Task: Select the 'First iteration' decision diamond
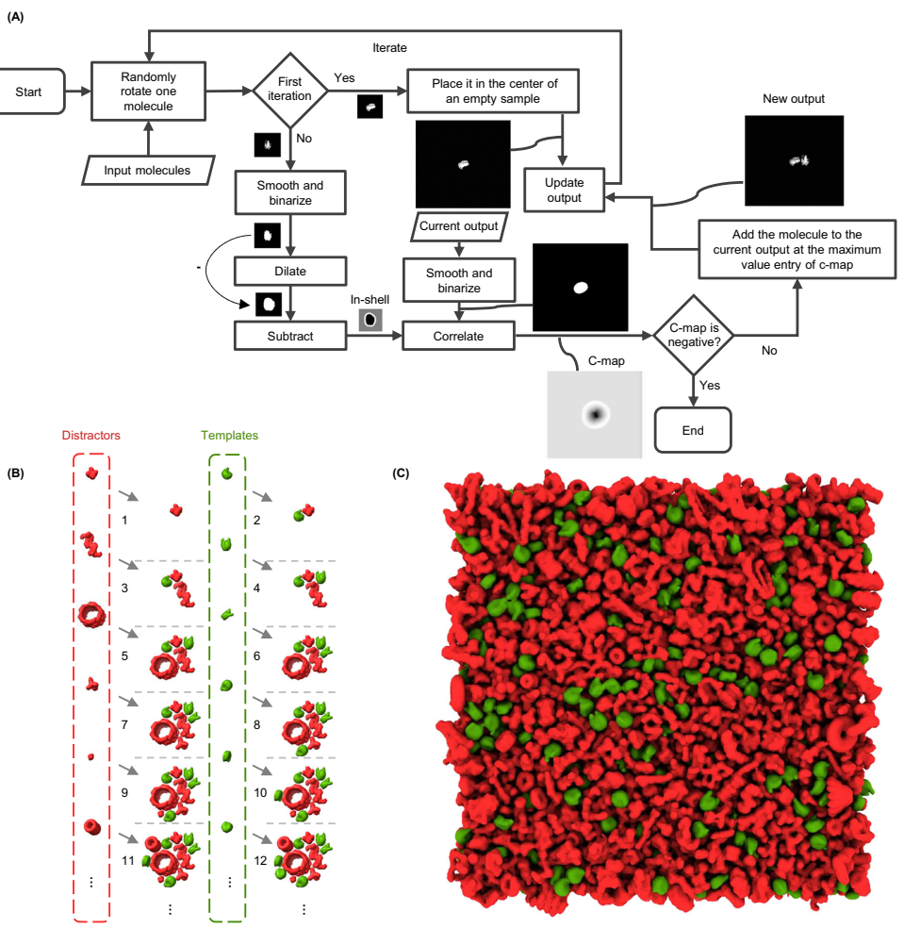click(290, 90)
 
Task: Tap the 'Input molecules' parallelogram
click(148, 171)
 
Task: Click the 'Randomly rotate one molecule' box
click(149, 91)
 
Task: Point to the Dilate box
click(290, 271)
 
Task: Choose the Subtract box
click(290, 336)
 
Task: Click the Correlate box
click(458, 336)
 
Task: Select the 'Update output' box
click(565, 190)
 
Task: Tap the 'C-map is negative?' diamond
click(694, 335)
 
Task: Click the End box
click(693, 430)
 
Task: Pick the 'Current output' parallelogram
click(459, 226)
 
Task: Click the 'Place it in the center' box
click(493, 91)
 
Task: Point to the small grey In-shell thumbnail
click(370, 321)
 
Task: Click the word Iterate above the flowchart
click(390, 48)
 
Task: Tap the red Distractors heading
click(91, 435)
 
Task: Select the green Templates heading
click(230, 435)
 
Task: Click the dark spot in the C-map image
click(596, 414)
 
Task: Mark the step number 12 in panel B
click(260, 860)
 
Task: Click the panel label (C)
click(401, 473)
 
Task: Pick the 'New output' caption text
click(794, 99)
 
